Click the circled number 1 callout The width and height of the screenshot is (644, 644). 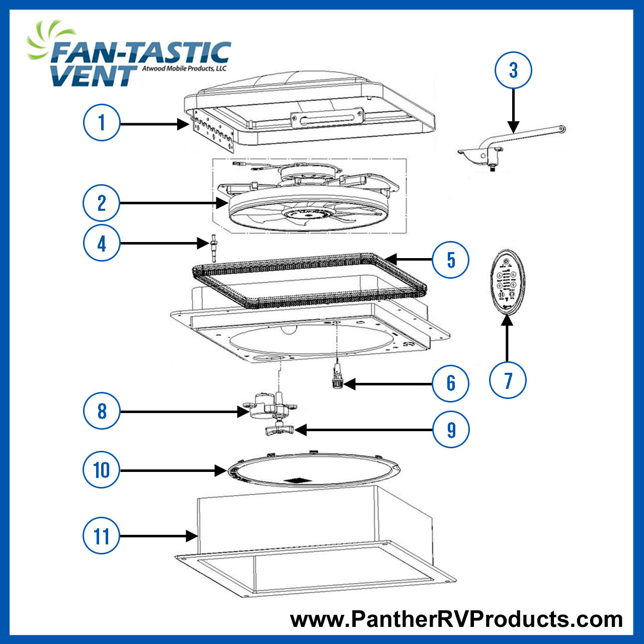click(x=102, y=122)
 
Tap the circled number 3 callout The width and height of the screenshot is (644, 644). click(x=513, y=70)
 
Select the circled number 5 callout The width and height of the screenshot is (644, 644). click(x=451, y=260)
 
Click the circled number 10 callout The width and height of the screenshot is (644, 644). click(x=102, y=470)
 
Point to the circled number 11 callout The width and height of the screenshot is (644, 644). click(x=102, y=536)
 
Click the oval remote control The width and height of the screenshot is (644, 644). click(x=508, y=282)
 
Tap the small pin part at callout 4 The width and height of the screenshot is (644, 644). click(x=214, y=247)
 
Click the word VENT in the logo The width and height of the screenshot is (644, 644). click(x=93, y=75)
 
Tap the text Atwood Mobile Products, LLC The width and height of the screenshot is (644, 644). click(x=184, y=68)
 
